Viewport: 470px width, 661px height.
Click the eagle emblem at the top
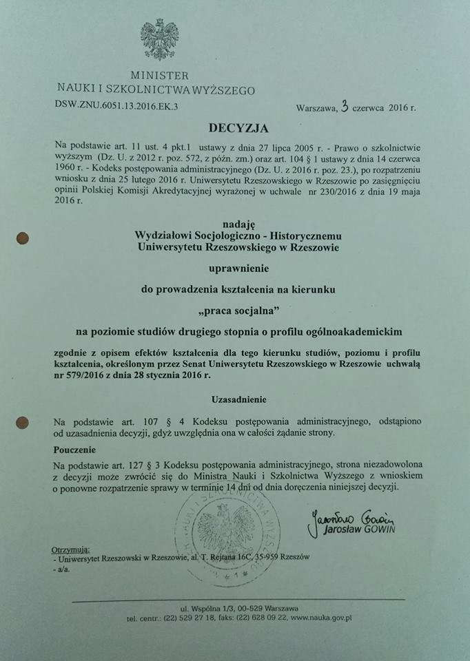[159, 40]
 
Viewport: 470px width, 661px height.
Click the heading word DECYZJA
[234, 127]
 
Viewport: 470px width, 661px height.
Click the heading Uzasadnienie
[238, 399]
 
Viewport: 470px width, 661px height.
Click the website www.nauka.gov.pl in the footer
[321, 618]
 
